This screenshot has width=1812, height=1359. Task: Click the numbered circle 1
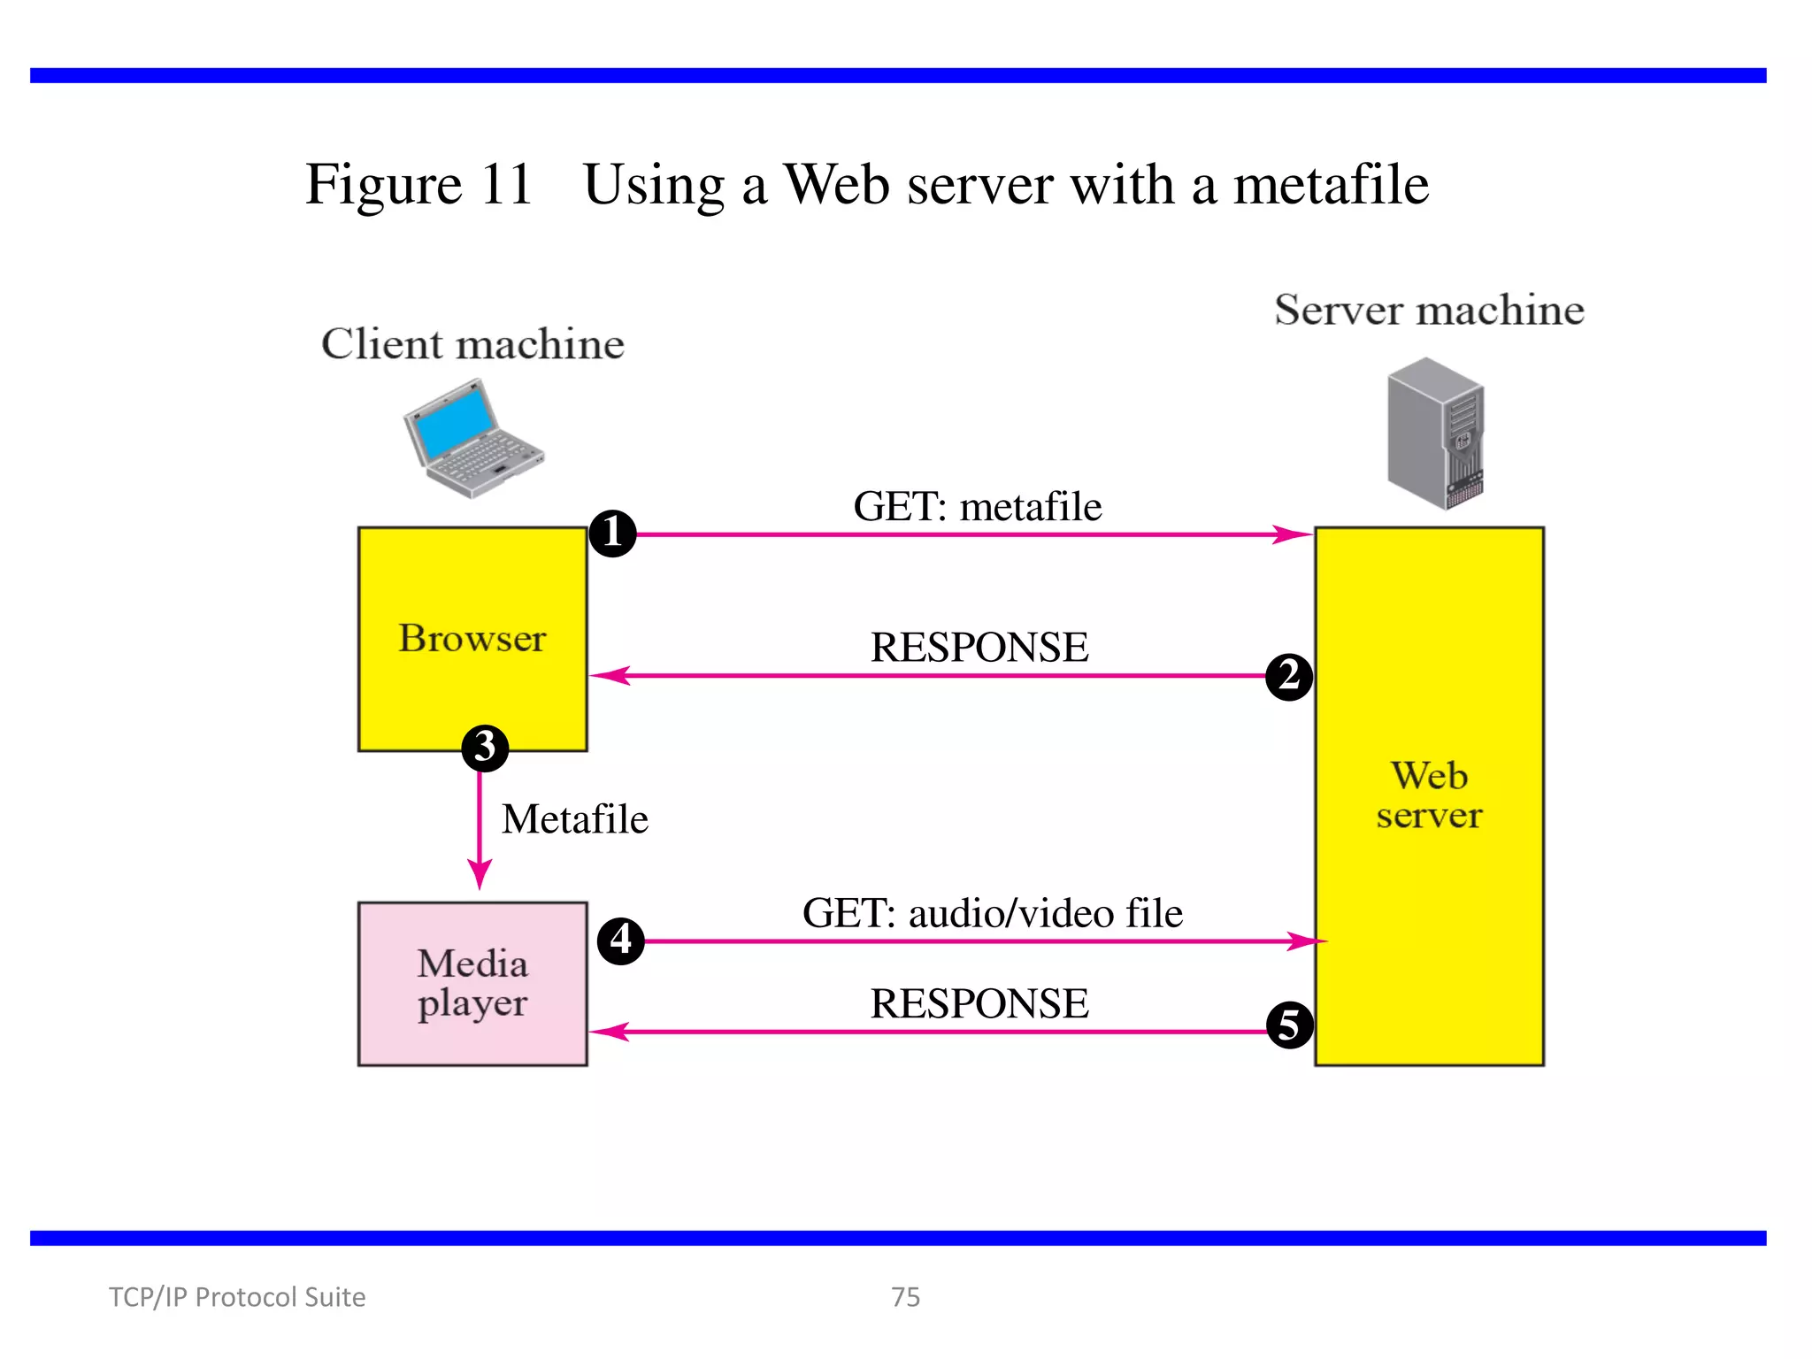pyautogui.click(x=612, y=533)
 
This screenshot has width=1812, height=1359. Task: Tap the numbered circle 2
pyautogui.click(x=1289, y=677)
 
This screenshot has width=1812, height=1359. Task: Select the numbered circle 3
pyautogui.click(x=485, y=748)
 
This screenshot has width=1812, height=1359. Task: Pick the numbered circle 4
pyautogui.click(x=621, y=941)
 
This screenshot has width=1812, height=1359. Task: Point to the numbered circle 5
pyautogui.click(x=1289, y=1025)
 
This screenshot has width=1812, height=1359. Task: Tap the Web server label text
pyautogui.click(x=1429, y=795)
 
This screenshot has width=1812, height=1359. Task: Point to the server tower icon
pyautogui.click(x=1435, y=434)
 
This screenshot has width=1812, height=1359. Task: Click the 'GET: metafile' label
pyautogui.click(x=977, y=507)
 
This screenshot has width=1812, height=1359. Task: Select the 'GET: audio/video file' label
pyautogui.click(x=992, y=913)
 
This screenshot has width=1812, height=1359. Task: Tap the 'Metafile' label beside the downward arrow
pyautogui.click(x=575, y=819)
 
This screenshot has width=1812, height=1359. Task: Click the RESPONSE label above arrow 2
pyautogui.click(x=979, y=647)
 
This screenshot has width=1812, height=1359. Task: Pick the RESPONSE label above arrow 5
pyautogui.click(x=979, y=1003)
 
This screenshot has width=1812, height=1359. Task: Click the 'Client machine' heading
pyautogui.click(x=472, y=344)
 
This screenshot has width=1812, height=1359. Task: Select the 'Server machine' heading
pyautogui.click(x=1429, y=310)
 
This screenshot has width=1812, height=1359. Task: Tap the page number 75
pyautogui.click(x=905, y=1297)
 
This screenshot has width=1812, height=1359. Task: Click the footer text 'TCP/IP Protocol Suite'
pyautogui.click(x=237, y=1297)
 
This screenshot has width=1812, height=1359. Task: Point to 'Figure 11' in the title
pyautogui.click(x=418, y=186)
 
